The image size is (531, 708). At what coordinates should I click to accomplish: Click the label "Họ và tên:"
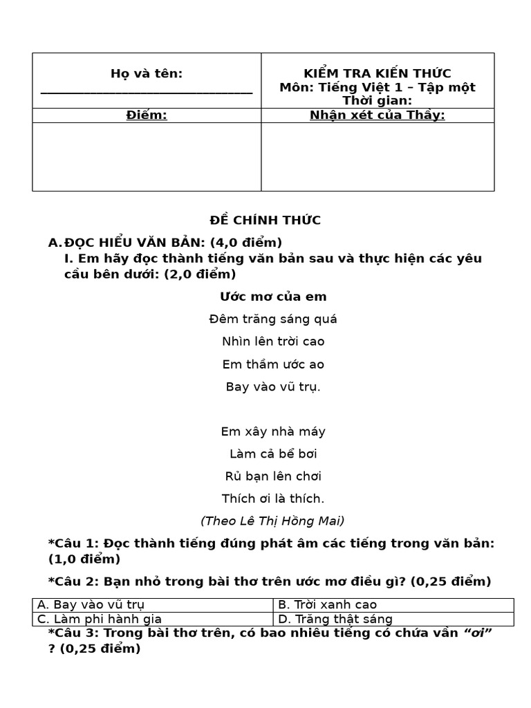pyautogui.click(x=147, y=74)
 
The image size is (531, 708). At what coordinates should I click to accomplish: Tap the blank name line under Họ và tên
pyautogui.click(x=147, y=91)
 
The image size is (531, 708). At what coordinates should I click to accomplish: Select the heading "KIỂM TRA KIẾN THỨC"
pyautogui.click(x=378, y=73)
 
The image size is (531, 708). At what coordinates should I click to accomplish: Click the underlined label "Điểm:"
pyautogui.click(x=147, y=115)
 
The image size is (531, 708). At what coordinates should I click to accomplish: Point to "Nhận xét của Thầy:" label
pyautogui.click(x=378, y=115)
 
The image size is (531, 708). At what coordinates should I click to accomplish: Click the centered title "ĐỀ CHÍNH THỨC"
pyautogui.click(x=265, y=221)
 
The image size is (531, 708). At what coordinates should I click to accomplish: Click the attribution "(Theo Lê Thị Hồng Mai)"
pyautogui.click(x=272, y=521)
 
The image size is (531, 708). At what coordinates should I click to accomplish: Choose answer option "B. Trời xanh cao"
pyautogui.click(x=318, y=605)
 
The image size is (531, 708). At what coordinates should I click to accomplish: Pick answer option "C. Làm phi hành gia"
pyautogui.click(x=100, y=619)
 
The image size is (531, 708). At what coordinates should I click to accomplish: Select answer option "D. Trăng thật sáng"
pyautogui.click(x=335, y=619)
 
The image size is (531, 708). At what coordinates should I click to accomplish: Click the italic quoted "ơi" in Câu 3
pyautogui.click(x=477, y=633)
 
